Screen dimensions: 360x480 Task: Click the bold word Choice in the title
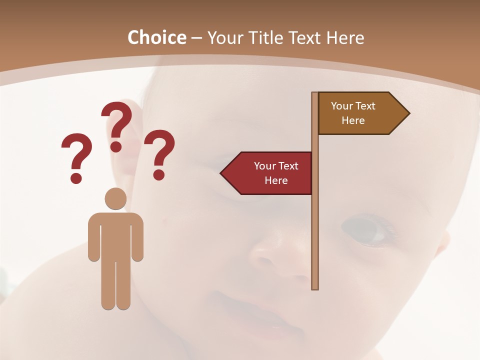coord(156,37)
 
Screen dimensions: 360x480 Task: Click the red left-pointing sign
coord(267,173)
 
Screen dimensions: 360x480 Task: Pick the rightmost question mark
coord(159,154)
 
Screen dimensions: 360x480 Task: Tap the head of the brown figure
coord(115,198)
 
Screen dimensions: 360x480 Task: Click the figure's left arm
coord(93,240)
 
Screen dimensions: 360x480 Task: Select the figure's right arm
coord(137,240)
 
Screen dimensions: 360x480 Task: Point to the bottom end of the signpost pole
coord(315,286)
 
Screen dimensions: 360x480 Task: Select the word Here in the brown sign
coord(353,120)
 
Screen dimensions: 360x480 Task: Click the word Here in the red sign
coord(276,180)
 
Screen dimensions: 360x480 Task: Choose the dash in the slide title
coord(196,38)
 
